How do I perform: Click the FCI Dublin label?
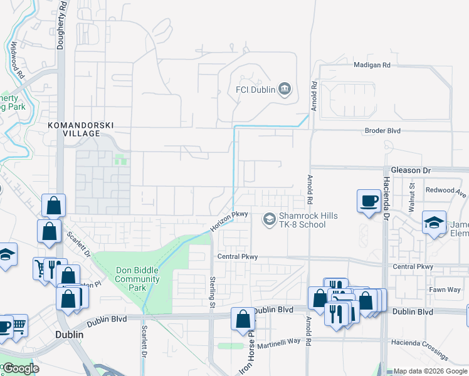(255, 90)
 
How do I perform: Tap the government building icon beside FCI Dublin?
(285, 90)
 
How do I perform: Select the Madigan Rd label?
(372, 65)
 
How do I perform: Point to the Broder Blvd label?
(382, 131)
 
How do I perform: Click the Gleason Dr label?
(411, 170)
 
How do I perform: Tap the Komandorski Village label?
(81, 129)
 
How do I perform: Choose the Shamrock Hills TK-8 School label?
(308, 221)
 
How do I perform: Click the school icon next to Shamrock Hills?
(270, 219)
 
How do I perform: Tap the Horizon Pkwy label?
(229, 221)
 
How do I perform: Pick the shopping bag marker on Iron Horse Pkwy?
(243, 319)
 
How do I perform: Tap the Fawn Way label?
(445, 290)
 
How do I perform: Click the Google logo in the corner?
(21, 368)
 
